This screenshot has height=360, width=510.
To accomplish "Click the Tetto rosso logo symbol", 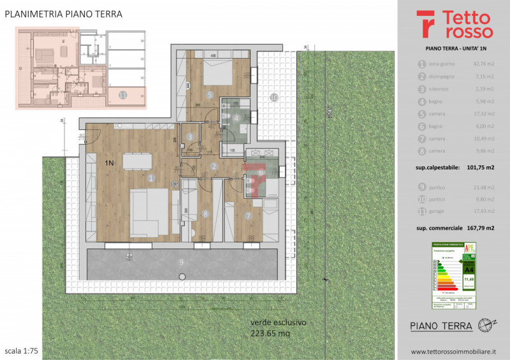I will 426,25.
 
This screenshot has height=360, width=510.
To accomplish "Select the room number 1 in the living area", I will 150,179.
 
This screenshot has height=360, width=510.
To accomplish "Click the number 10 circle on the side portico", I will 273,97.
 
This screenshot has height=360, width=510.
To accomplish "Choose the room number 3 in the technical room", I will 191,136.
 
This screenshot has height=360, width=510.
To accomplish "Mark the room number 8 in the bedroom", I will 205,214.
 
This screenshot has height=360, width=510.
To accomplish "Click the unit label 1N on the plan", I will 109,163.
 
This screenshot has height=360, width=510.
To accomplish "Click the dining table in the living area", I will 133,161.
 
